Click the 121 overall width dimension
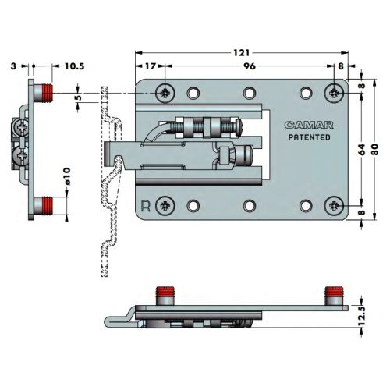[x=241, y=53]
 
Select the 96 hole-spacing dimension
[x=250, y=66]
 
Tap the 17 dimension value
[x=151, y=66]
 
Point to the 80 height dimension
[x=374, y=149]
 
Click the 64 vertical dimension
[x=361, y=149]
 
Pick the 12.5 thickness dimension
[x=362, y=316]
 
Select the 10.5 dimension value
[x=75, y=66]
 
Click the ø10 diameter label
[x=66, y=176]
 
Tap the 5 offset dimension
[x=79, y=97]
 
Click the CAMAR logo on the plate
[x=309, y=125]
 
